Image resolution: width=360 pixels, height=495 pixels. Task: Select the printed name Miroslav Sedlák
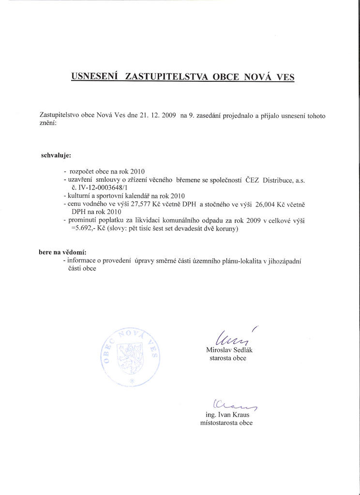click(x=230, y=350)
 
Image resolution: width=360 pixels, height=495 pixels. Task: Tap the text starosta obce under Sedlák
click(x=228, y=358)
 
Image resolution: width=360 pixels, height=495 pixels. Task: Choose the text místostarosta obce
click(x=226, y=423)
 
